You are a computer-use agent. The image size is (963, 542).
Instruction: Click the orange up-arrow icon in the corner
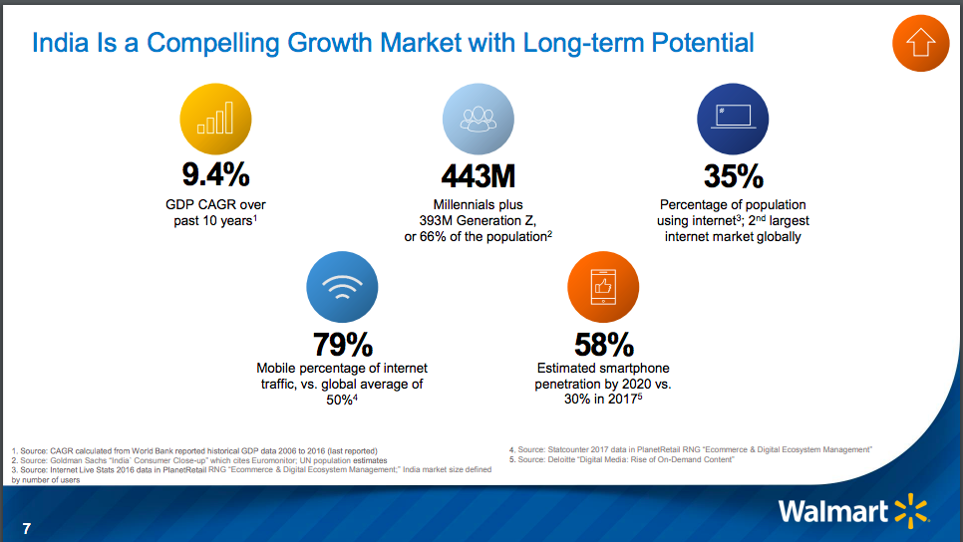point(918,44)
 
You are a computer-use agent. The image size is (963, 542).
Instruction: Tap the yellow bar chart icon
point(214,118)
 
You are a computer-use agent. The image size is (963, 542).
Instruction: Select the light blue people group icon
point(478,118)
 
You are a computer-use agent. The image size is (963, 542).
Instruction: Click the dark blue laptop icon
point(732,118)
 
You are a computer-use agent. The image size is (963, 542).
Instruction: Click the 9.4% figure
point(214,175)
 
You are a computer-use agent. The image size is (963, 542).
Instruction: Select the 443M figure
point(478,176)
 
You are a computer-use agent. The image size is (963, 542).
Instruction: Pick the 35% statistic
point(733,176)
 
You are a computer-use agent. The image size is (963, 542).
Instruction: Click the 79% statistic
point(342,345)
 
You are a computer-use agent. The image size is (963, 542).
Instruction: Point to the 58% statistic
point(603,345)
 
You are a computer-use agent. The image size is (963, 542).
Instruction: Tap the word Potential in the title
point(703,43)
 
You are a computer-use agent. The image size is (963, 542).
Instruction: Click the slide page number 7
point(27,528)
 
